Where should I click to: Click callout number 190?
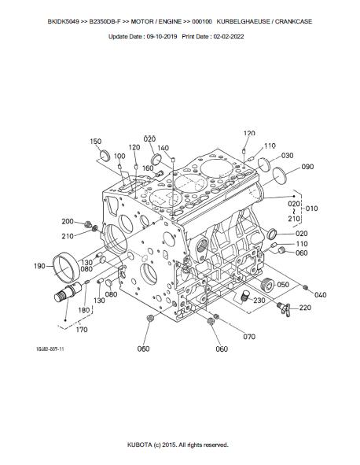[40, 266]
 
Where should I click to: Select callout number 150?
[95, 142]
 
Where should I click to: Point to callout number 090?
[307, 167]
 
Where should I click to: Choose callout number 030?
[287, 156]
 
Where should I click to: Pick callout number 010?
[311, 209]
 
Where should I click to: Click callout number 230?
[259, 300]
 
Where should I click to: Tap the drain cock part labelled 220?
[284, 308]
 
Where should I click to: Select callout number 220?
[305, 308]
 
